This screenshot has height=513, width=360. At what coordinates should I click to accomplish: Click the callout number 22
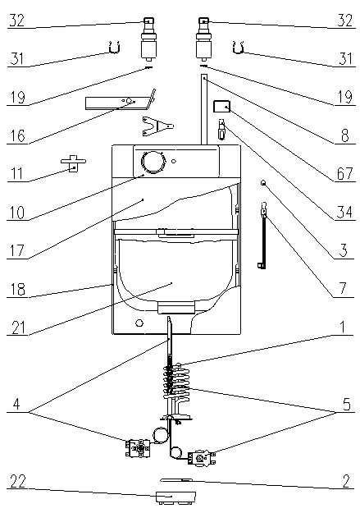(18, 481)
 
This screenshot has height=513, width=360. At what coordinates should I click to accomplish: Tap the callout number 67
(344, 173)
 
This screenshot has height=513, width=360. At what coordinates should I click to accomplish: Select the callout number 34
(344, 212)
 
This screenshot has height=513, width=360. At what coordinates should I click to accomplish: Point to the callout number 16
(17, 135)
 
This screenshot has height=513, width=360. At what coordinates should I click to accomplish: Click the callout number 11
(16, 174)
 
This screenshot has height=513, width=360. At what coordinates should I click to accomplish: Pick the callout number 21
(18, 327)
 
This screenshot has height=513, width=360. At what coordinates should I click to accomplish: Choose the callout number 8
(345, 135)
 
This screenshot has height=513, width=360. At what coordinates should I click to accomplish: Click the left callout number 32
(17, 21)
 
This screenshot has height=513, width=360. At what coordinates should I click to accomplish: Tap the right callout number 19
(345, 97)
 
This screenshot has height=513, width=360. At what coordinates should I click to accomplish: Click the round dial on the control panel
(153, 162)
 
